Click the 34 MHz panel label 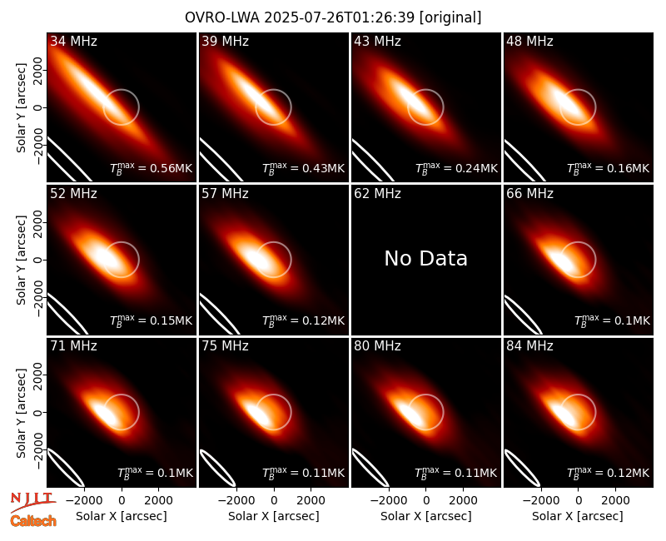point(73,41)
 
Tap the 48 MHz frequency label point(529,41)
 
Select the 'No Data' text point(425,258)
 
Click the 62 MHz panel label point(377,194)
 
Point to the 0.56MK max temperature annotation point(152,168)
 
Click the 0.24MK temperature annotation point(456,168)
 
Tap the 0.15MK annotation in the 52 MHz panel point(152,320)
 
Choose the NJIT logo point(32,501)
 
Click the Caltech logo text point(33,521)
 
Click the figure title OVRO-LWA point(222,17)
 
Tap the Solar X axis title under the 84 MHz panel point(578,516)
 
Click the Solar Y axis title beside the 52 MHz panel point(21,260)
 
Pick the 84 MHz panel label point(529,346)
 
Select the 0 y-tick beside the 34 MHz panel point(38,107)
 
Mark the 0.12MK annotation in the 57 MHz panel point(303,320)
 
